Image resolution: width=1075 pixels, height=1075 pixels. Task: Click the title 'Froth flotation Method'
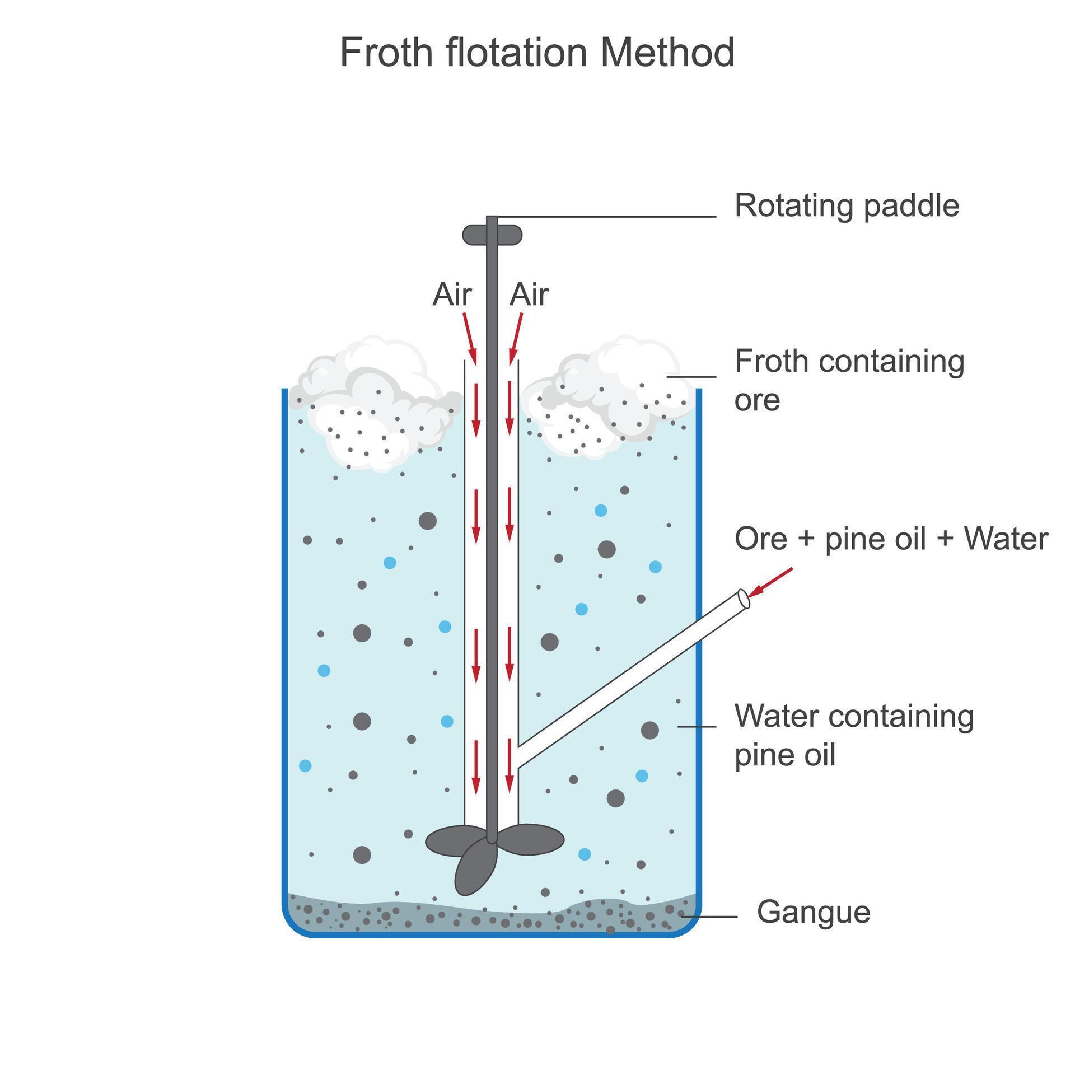pos(536,53)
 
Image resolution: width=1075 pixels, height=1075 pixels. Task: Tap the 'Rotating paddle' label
pos(847,205)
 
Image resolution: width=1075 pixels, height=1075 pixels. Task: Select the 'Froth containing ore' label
pos(849,380)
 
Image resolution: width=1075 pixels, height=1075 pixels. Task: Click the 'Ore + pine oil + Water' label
pos(891,539)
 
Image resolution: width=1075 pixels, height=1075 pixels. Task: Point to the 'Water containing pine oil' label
pos(854,735)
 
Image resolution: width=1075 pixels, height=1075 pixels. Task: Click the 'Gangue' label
pos(813,912)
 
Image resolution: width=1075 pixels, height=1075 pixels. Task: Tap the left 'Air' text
pos(452,295)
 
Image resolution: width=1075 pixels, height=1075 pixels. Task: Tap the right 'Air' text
pos(529,295)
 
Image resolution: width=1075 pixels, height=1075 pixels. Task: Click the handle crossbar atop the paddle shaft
pos(492,235)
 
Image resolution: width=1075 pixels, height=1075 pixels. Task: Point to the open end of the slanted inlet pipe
pos(744,599)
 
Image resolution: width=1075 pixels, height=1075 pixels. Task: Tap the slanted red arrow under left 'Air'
pos(469,338)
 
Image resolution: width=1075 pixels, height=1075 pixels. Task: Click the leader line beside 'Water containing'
pos(697,726)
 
